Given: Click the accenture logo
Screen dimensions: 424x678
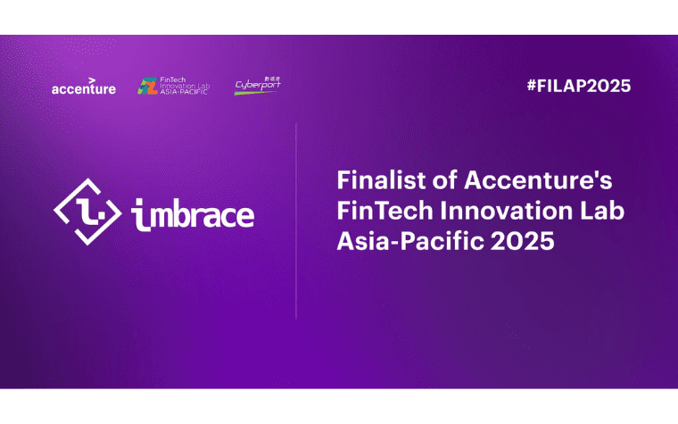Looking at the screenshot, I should click(83, 87).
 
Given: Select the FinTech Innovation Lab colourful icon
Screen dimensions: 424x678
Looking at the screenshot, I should click(146, 86).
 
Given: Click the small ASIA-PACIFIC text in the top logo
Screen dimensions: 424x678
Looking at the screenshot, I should click(185, 92).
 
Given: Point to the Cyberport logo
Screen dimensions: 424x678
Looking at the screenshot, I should click(257, 85).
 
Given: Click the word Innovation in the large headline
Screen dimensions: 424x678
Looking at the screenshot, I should click(495, 211).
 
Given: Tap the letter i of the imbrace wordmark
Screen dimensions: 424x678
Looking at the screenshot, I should click(138, 214).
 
